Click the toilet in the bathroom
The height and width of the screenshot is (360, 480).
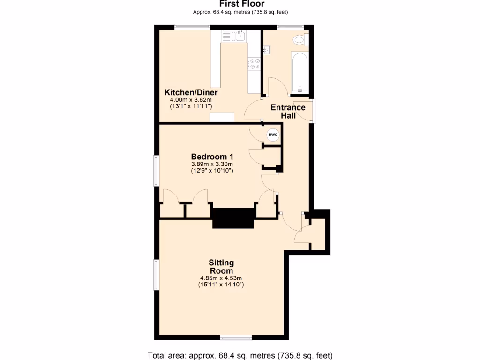point(299,40)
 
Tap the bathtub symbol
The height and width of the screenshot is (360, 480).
point(300,73)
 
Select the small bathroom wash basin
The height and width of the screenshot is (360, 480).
point(266,50)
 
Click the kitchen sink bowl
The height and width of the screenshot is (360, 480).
point(240,36)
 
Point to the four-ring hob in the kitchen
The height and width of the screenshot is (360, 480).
point(255,64)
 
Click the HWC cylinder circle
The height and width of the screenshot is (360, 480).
point(273,135)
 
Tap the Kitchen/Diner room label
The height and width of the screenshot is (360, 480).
point(191,92)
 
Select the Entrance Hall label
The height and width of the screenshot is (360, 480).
point(288,111)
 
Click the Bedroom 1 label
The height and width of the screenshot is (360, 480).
point(212,157)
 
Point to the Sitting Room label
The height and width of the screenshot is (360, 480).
point(221,267)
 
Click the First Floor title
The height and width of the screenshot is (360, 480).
point(241,4)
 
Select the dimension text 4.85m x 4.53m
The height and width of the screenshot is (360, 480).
point(221,278)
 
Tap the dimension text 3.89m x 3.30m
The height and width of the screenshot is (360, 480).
point(212,164)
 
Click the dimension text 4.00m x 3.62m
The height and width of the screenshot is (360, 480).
point(191,99)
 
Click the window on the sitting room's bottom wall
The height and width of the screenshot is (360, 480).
point(235,337)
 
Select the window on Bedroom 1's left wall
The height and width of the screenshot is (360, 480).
point(157,171)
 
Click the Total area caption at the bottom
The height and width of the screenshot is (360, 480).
point(240,355)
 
